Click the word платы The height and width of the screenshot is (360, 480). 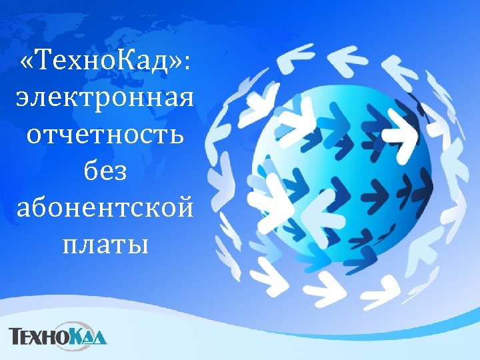104,245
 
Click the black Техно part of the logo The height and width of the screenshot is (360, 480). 39,335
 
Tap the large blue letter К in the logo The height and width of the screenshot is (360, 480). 78,333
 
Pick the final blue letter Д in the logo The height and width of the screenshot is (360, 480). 100,336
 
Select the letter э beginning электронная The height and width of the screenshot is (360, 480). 22,102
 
